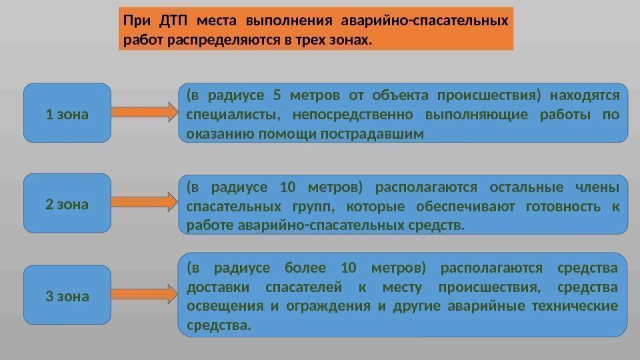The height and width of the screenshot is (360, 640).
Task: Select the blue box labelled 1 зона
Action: click(67, 113)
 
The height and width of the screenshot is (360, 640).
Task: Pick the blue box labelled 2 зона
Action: click(67, 203)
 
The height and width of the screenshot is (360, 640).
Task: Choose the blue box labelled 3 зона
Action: click(67, 295)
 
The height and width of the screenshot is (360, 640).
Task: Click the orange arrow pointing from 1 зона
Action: click(144, 112)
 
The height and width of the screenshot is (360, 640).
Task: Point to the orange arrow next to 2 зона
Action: click(144, 201)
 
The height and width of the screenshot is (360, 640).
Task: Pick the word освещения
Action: click(225, 306)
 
